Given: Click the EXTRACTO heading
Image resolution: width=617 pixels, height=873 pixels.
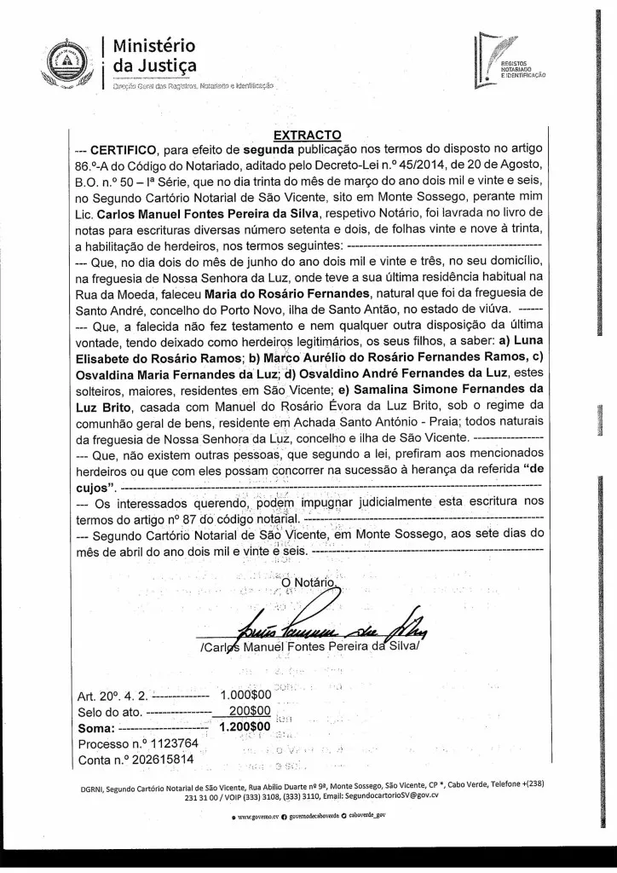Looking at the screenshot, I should pyautogui.click(x=307, y=134).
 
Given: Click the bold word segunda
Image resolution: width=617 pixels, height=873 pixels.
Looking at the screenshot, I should pyautogui.click(x=269, y=149).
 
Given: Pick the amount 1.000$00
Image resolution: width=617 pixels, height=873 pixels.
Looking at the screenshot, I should pyautogui.click(x=245, y=695).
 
